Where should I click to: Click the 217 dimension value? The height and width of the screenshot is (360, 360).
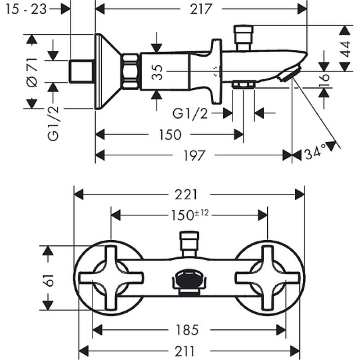pos(201,9)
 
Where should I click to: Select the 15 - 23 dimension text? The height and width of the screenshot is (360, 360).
pos(26,9)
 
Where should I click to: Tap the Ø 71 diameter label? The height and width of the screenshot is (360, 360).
pos(32,73)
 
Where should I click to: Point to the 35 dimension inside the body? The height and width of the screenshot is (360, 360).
pos(157,72)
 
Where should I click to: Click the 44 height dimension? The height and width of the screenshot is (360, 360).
pos(345,49)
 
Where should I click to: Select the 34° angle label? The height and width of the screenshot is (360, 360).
pos(315,152)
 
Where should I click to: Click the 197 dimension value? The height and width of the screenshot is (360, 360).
pos(194,155)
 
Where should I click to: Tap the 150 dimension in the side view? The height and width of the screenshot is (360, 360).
pos(170,135)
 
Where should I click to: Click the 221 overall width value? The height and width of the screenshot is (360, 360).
pos(186,195)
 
